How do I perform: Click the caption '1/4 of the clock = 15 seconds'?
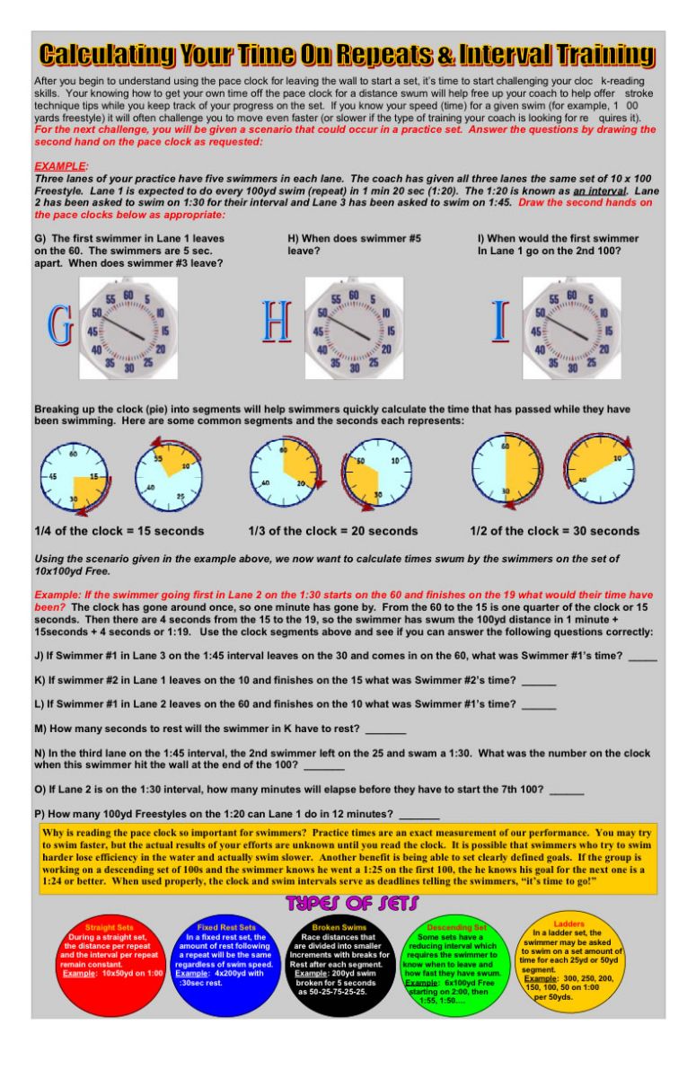119,531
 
